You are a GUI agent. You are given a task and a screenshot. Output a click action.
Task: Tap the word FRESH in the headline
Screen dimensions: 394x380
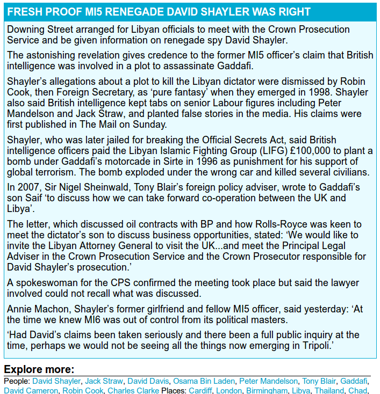tap(25, 12)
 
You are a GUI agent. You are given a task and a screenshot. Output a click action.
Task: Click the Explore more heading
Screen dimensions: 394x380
tap(39, 370)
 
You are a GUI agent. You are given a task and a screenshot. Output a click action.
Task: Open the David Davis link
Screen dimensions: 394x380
tap(148, 381)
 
